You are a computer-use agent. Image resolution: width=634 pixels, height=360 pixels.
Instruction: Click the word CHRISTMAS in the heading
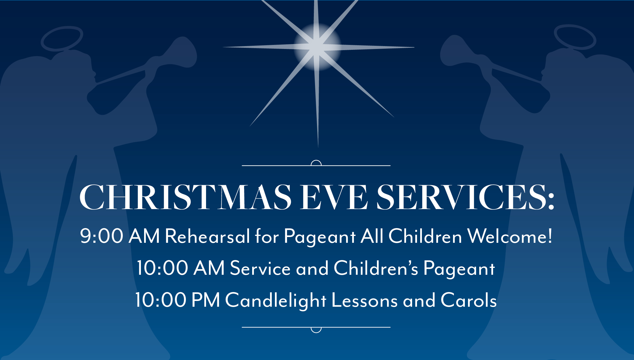(x=185, y=197)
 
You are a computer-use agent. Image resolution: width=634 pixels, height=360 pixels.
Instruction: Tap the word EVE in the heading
(x=334, y=197)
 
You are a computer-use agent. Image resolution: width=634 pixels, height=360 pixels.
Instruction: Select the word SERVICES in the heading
(x=461, y=197)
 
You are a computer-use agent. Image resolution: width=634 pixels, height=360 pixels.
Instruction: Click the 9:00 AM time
(x=120, y=236)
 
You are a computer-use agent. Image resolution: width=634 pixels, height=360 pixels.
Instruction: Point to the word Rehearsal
(x=207, y=236)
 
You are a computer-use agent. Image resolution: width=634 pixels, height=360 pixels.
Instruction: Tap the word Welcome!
(x=510, y=236)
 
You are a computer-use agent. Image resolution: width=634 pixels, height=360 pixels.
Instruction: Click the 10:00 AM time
(x=180, y=268)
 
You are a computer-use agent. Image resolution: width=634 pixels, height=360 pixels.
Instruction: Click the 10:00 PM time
(x=178, y=300)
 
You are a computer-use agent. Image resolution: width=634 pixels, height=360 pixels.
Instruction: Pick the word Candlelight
(x=276, y=300)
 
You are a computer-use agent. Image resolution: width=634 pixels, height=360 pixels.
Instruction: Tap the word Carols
(x=469, y=300)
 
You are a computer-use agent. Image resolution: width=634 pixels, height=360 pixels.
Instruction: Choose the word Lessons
(x=365, y=300)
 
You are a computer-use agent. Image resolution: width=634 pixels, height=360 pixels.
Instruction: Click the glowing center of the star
(x=317, y=47)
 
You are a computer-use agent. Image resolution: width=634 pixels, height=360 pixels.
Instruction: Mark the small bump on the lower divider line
(x=316, y=330)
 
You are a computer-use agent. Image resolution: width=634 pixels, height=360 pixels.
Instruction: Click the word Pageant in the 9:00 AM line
(x=320, y=237)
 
